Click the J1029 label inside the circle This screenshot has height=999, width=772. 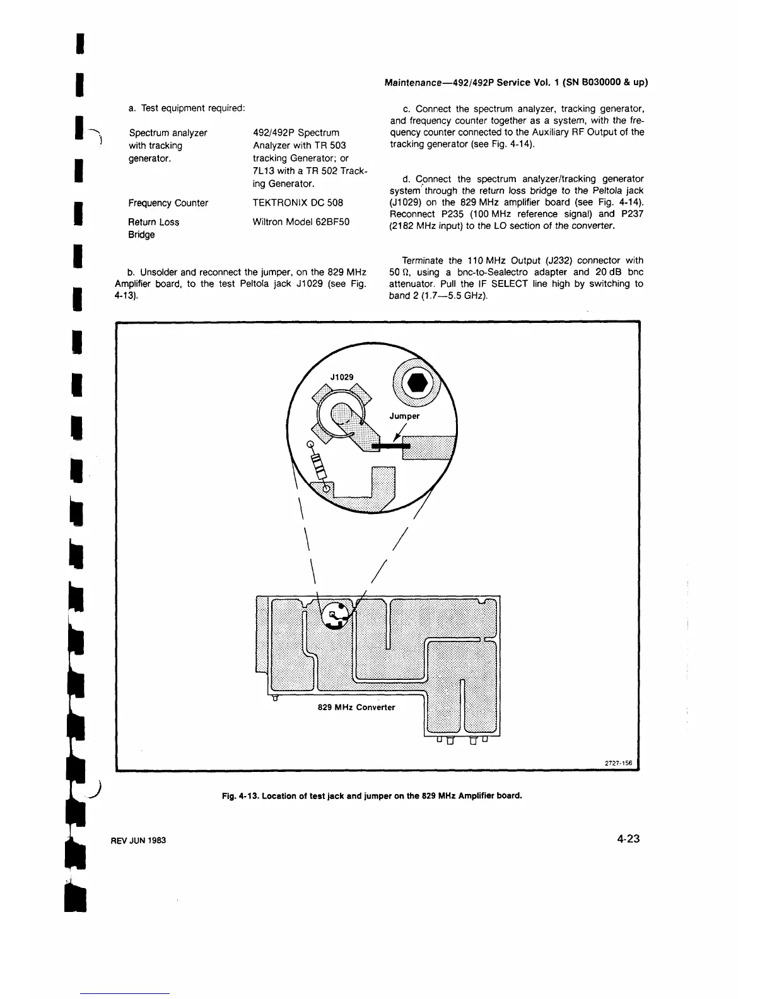tap(342, 377)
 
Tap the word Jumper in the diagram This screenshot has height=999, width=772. tap(404, 416)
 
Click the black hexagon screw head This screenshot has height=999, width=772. tap(418, 383)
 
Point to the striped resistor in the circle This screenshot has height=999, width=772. tap(319, 465)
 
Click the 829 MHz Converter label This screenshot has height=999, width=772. tap(356, 707)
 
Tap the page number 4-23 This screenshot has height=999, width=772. tap(629, 839)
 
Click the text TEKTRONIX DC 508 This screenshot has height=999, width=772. tap(298, 203)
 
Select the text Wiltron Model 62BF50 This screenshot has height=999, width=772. tap(301, 222)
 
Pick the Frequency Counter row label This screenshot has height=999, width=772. tap(168, 203)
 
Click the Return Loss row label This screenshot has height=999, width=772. tap(153, 222)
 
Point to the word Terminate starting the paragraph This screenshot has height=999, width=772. tap(423, 260)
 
